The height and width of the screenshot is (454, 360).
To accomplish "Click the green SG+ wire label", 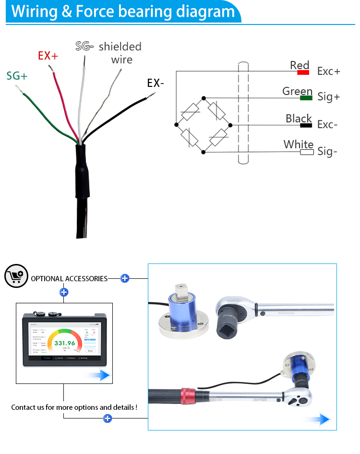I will pyautogui.click(x=17, y=76).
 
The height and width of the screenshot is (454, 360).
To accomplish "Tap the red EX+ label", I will pyautogui.click(x=48, y=56).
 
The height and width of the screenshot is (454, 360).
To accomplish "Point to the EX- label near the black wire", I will pyautogui.click(x=156, y=83).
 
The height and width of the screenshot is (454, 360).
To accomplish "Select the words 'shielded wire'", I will pyautogui.click(x=120, y=53).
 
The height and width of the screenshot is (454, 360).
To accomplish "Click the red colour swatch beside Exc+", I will pyautogui.click(x=303, y=72).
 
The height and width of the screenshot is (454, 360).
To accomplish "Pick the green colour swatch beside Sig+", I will pyautogui.click(x=306, y=98).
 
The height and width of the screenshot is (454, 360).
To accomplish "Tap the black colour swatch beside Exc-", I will pyautogui.click(x=306, y=125).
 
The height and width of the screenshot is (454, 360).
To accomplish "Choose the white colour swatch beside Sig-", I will pyautogui.click(x=307, y=152).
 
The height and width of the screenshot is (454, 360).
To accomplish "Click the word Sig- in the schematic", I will pyautogui.click(x=327, y=152).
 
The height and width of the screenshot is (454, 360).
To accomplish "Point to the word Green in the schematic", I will pyautogui.click(x=297, y=91).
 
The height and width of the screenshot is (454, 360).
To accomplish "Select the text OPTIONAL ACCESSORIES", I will pyautogui.click(x=69, y=278).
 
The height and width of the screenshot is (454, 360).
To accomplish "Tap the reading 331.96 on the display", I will pyautogui.click(x=65, y=343).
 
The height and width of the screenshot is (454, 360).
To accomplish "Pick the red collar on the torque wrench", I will pyautogui.click(x=187, y=395).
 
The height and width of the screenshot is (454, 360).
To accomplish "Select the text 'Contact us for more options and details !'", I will pyautogui.click(x=74, y=407).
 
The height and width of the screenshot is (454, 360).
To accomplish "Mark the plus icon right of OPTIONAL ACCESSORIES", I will pyautogui.click(x=125, y=278).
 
